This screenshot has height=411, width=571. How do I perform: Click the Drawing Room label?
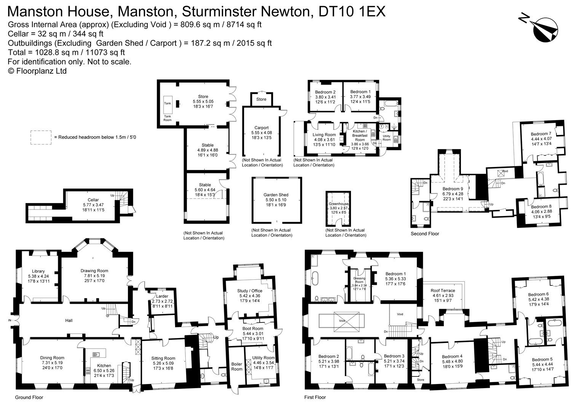pyautogui.click(x=94, y=271)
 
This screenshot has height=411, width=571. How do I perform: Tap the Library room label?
pyautogui.click(x=38, y=271)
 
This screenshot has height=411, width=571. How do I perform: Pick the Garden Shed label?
pyautogui.click(x=276, y=195)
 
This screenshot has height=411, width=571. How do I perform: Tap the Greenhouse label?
pyautogui.click(x=338, y=204)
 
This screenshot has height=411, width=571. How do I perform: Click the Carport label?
pyautogui.click(x=262, y=128)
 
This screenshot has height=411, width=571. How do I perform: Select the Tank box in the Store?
pyautogui.click(x=167, y=103)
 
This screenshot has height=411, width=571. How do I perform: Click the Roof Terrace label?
pyautogui.click(x=443, y=290)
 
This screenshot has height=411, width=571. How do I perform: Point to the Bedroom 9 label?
pyautogui.click(x=453, y=189)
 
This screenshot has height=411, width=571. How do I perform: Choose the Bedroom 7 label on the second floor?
pyautogui.click(x=541, y=134)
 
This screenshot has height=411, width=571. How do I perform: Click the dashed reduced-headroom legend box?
pyautogui.click(x=41, y=137)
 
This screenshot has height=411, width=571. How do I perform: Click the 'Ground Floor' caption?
pyautogui.click(x=29, y=397)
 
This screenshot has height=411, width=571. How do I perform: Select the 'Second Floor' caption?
pyautogui.click(x=425, y=233)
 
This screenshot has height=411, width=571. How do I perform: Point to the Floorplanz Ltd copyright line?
pyautogui.click(x=37, y=71)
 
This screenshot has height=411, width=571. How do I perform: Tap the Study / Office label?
pyautogui.click(x=250, y=291)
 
